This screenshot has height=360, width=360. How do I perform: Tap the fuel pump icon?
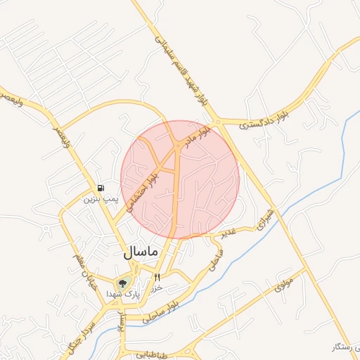[x=101, y=188]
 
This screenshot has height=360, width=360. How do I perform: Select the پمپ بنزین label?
[x=99, y=200]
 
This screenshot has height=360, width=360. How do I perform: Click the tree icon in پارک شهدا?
[x=122, y=283]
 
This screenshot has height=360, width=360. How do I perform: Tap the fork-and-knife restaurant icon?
[x=157, y=277]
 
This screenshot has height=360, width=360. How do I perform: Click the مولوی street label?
[x=283, y=284]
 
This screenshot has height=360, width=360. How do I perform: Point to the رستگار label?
[x=344, y=347]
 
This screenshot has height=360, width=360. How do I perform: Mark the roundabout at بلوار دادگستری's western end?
[x=219, y=122]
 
